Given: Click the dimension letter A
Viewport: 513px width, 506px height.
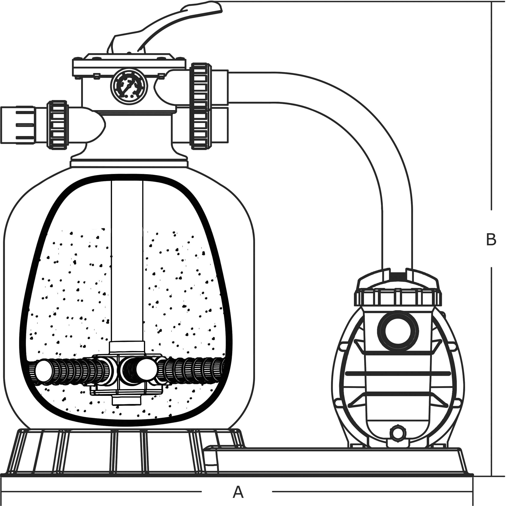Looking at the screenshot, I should click(x=238, y=485).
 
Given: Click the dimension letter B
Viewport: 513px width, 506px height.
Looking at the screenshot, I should click(x=491, y=239).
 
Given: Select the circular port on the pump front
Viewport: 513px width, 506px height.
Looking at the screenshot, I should click(x=398, y=331).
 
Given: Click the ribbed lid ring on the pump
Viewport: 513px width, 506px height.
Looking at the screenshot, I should click(x=398, y=298).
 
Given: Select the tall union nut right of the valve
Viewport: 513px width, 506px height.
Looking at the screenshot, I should click(x=199, y=106).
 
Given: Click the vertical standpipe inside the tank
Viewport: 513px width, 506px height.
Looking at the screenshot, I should click(x=127, y=260).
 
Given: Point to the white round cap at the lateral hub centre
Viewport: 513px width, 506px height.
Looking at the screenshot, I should click(x=146, y=369).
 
